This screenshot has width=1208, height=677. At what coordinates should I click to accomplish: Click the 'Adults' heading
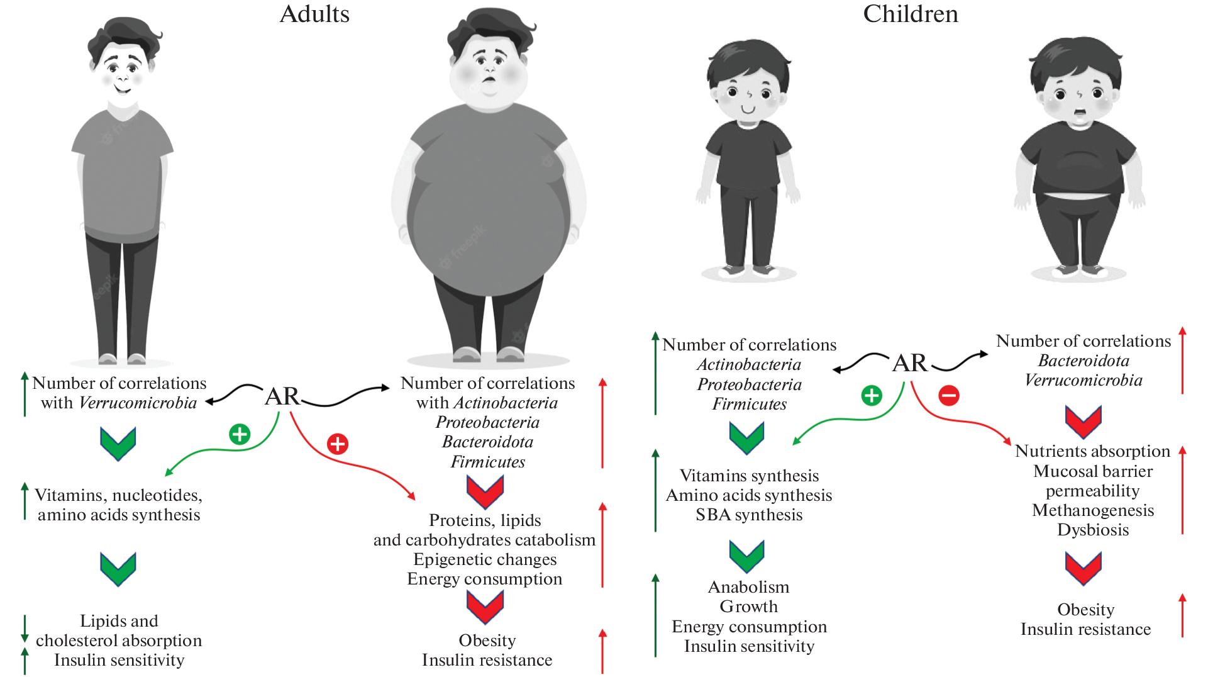coord(314,14)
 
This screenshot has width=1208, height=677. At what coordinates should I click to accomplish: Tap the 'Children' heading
coord(910,14)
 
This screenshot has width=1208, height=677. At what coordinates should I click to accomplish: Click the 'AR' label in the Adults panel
coord(282,396)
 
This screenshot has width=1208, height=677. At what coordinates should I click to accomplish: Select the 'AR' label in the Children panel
coord(909,363)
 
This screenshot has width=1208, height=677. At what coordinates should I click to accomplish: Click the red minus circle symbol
coord(948,396)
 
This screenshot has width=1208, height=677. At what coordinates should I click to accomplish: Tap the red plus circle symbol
coord(338,444)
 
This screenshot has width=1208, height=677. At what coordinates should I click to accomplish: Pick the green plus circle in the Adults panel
coord(240,434)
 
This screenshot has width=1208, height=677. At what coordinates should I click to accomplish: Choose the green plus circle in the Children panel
coord(871,396)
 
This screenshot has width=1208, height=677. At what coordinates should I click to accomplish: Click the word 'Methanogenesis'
coord(1092,510)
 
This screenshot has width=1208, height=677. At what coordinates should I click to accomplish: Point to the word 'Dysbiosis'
coord(1092,530)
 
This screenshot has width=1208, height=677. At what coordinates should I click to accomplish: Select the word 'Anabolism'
coord(748,587)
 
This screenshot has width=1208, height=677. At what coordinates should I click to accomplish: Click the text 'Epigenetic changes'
coord(485,559)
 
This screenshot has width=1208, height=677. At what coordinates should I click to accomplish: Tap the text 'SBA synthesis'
coord(748,515)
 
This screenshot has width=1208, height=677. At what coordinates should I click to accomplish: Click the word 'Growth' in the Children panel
coord(748,607)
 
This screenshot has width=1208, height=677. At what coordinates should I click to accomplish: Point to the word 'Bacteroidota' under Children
coord(1083,361)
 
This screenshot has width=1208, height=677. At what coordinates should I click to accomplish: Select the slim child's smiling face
coord(748,94)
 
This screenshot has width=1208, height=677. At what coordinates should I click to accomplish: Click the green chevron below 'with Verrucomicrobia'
coord(118,443)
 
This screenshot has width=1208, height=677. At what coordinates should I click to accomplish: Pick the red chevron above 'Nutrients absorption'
coord(1083,420)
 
